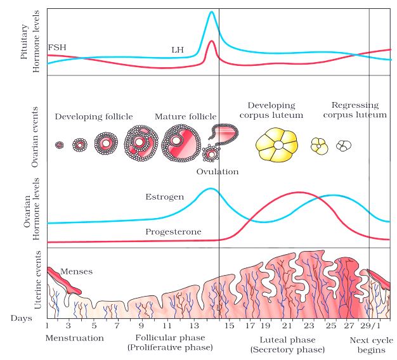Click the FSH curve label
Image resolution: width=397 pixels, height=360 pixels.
[x=56, y=48]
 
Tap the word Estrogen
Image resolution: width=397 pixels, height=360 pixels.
[x=165, y=197]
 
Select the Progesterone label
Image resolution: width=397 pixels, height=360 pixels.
[x=173, y=232]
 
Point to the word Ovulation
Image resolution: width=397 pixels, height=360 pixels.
[x=217, y=172]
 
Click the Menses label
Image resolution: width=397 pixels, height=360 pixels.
[x=76, y=272]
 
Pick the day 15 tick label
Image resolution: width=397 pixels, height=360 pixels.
[x=229, y=326]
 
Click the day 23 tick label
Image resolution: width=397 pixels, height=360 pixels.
[x=309, y=326]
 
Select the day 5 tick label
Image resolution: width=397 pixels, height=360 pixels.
[x=94, y=326]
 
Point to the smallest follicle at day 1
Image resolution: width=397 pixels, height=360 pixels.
[x=60, y=145]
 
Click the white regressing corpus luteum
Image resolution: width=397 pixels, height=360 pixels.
[x=344, y=146]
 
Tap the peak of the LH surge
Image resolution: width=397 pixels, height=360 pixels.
[x=212, y=12]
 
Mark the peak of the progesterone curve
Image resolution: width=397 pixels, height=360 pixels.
[x=299, y=192]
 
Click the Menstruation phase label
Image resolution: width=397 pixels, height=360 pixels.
[x=74, y=338]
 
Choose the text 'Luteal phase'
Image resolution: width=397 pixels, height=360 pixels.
[x=287, y=339]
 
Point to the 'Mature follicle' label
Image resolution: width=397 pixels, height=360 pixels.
[x=185, y=117]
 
